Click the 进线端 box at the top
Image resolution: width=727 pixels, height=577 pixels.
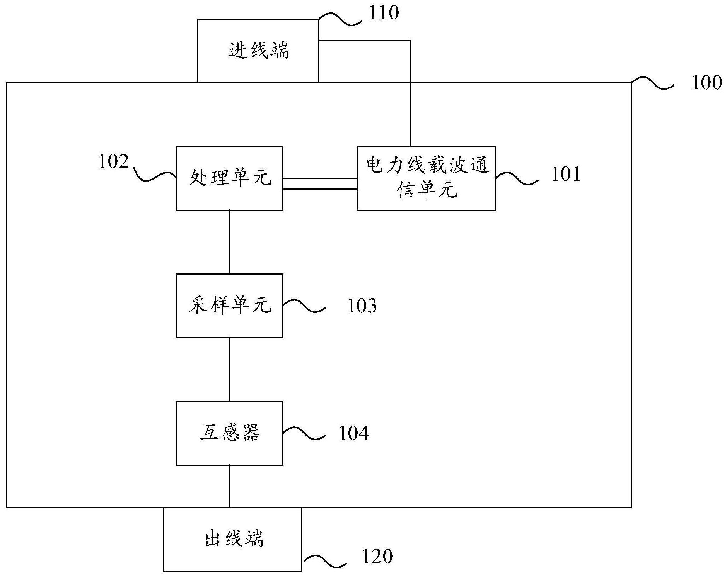[258, 51]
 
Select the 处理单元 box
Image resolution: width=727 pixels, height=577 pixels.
[229, 178]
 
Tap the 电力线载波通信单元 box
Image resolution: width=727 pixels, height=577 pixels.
[426, 178]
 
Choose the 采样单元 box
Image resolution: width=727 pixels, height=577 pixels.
[229, 305]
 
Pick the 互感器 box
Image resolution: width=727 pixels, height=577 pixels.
[229, 433]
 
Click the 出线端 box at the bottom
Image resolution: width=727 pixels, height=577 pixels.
[232, 539]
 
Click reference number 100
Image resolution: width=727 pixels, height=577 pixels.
[707, 83]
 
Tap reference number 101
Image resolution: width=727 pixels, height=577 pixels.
[566, 174]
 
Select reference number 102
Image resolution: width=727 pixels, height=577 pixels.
[113, 161]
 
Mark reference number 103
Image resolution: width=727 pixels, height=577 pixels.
[362, 306]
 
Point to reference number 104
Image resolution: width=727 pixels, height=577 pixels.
[354, 433]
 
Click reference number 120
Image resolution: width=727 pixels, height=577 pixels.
[377, 557]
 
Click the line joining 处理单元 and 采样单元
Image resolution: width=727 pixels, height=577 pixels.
[229, 242]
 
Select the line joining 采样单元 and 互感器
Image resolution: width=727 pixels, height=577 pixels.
[229, 370]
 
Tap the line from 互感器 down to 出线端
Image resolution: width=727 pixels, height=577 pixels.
[229, 486]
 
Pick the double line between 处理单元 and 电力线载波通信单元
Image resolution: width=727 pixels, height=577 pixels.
[320, 184]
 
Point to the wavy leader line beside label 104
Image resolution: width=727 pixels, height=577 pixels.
[304, 433]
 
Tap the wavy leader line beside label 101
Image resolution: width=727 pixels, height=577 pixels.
[516, 178]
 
